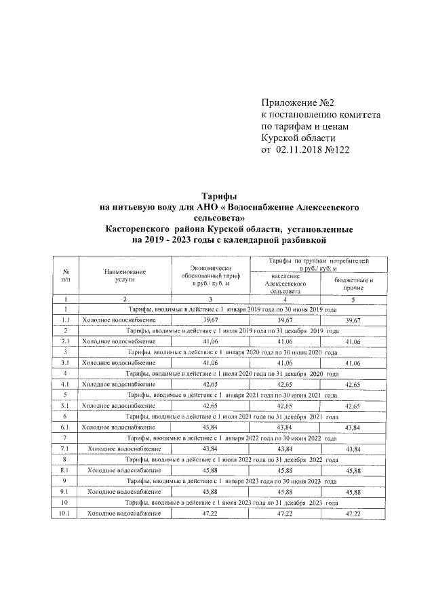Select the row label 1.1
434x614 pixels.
(66, 320)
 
